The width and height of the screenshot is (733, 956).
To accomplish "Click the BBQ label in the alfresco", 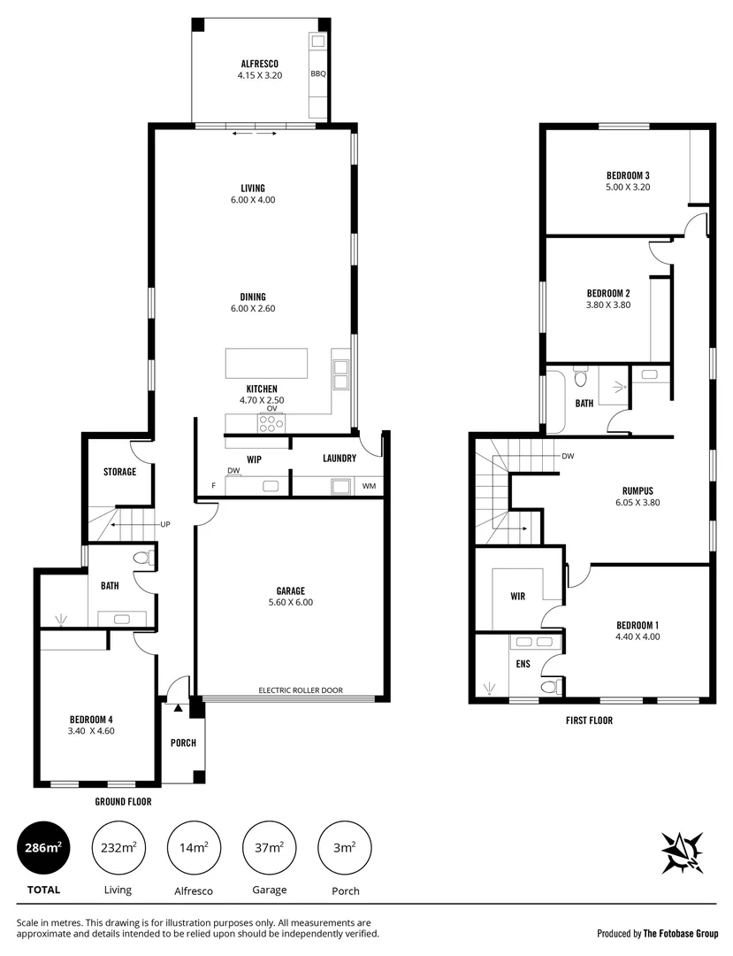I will click(317, 74).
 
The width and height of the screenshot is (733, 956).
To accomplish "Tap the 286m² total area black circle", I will click(42, 848).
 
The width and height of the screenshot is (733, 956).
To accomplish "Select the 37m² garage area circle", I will click(269, 848).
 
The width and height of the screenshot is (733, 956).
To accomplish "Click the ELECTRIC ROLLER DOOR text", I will click(300, 690).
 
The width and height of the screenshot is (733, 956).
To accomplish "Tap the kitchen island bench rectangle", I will click(266, 363).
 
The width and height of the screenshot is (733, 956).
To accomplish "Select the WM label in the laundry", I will click(368, 486).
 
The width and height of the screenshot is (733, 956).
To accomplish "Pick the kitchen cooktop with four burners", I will click(271, 423).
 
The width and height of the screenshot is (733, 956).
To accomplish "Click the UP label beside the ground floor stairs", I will click(164, 524).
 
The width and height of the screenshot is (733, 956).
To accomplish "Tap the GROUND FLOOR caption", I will click(123, 802).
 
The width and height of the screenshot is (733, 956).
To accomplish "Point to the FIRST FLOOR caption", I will click(589, 721).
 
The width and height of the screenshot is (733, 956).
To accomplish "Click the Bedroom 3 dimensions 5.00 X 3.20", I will click(628, 187).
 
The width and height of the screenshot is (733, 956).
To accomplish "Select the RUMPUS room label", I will click(637, 490).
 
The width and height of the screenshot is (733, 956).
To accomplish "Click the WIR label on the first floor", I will click(518, 597).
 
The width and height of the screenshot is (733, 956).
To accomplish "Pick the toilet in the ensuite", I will click(548, 687).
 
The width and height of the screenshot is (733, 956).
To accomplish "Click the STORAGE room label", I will click(118, 472).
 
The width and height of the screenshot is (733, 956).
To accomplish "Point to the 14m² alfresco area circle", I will click(194, 848).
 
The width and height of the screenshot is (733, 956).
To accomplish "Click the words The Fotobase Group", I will click(681, 933).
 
